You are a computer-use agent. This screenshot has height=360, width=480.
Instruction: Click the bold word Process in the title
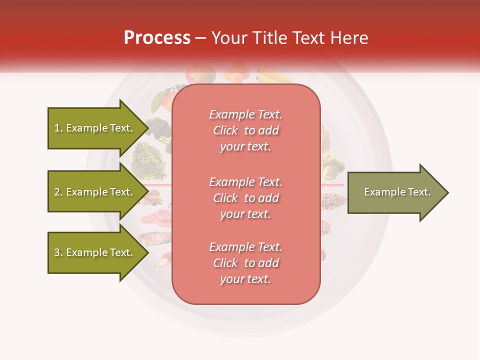click(x=157, y=38)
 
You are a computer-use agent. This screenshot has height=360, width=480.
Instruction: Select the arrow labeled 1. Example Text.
click(x=95, y=128)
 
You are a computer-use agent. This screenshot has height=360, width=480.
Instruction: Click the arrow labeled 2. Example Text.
click(x=95, y=192)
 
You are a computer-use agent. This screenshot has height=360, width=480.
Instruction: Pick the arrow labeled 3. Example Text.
click(x=95, y=252)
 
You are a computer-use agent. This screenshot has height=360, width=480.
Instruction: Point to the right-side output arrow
click(x=395, y=192)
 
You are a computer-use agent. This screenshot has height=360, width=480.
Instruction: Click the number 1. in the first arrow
click(x=58, y=128)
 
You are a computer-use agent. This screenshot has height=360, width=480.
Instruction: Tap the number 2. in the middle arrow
click(x=58, y=192)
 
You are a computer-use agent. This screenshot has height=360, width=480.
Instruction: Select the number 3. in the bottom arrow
click(x=58, y=252)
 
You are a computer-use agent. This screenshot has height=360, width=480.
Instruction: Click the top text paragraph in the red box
click(x=245, y=130)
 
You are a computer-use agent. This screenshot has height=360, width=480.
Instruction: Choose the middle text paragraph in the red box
click(x=245, y=198)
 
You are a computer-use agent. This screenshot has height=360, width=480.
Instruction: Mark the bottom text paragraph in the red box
click(x=245, y=263)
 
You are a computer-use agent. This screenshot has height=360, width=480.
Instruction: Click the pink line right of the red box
click(x=332, y=185)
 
